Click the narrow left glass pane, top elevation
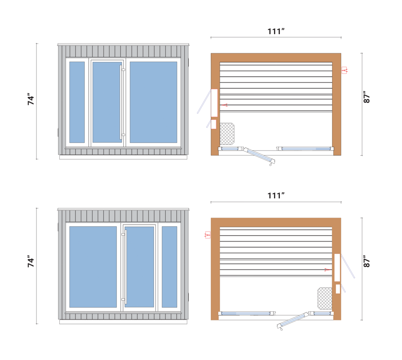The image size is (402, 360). [77, 102]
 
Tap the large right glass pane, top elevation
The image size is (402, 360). [153, 102]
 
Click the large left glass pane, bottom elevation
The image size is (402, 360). [93, 267]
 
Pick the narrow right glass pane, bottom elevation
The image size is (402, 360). [170, 267]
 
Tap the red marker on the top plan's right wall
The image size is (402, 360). [345, 70]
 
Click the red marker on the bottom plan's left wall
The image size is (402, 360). [206, 235]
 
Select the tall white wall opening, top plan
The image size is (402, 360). [214, 103]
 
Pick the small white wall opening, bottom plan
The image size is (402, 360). [338, 289]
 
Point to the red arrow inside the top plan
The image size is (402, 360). [225, 105]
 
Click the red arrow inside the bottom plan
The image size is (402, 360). [326, 269]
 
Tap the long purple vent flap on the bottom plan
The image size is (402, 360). [348, 266]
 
